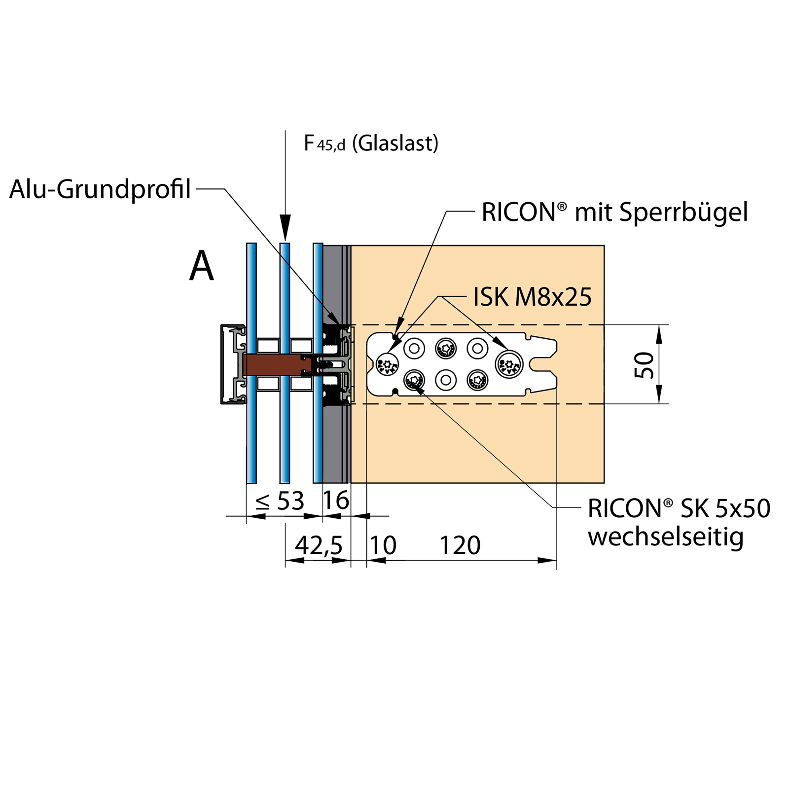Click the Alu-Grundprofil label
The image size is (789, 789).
point(100,189)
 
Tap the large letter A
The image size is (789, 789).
point(202,266)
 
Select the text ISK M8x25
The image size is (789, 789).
point(532,297)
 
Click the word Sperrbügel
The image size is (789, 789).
point(683,213)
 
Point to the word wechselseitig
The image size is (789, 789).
point(665,537)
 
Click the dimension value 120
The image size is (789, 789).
point(460,545)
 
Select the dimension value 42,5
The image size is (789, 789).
point(319,545)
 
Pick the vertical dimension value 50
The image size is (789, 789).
point(645,365)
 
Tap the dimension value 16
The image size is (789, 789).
point(336,501)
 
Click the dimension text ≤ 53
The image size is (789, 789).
point(280,502)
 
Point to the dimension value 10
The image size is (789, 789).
point(383,545)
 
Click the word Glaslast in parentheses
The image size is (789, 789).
point(395,143)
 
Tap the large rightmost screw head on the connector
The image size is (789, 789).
point(509,364)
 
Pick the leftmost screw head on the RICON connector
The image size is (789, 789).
point(387,364)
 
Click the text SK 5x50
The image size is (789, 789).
point(725,508)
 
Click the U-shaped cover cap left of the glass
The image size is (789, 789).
point(232,364)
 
